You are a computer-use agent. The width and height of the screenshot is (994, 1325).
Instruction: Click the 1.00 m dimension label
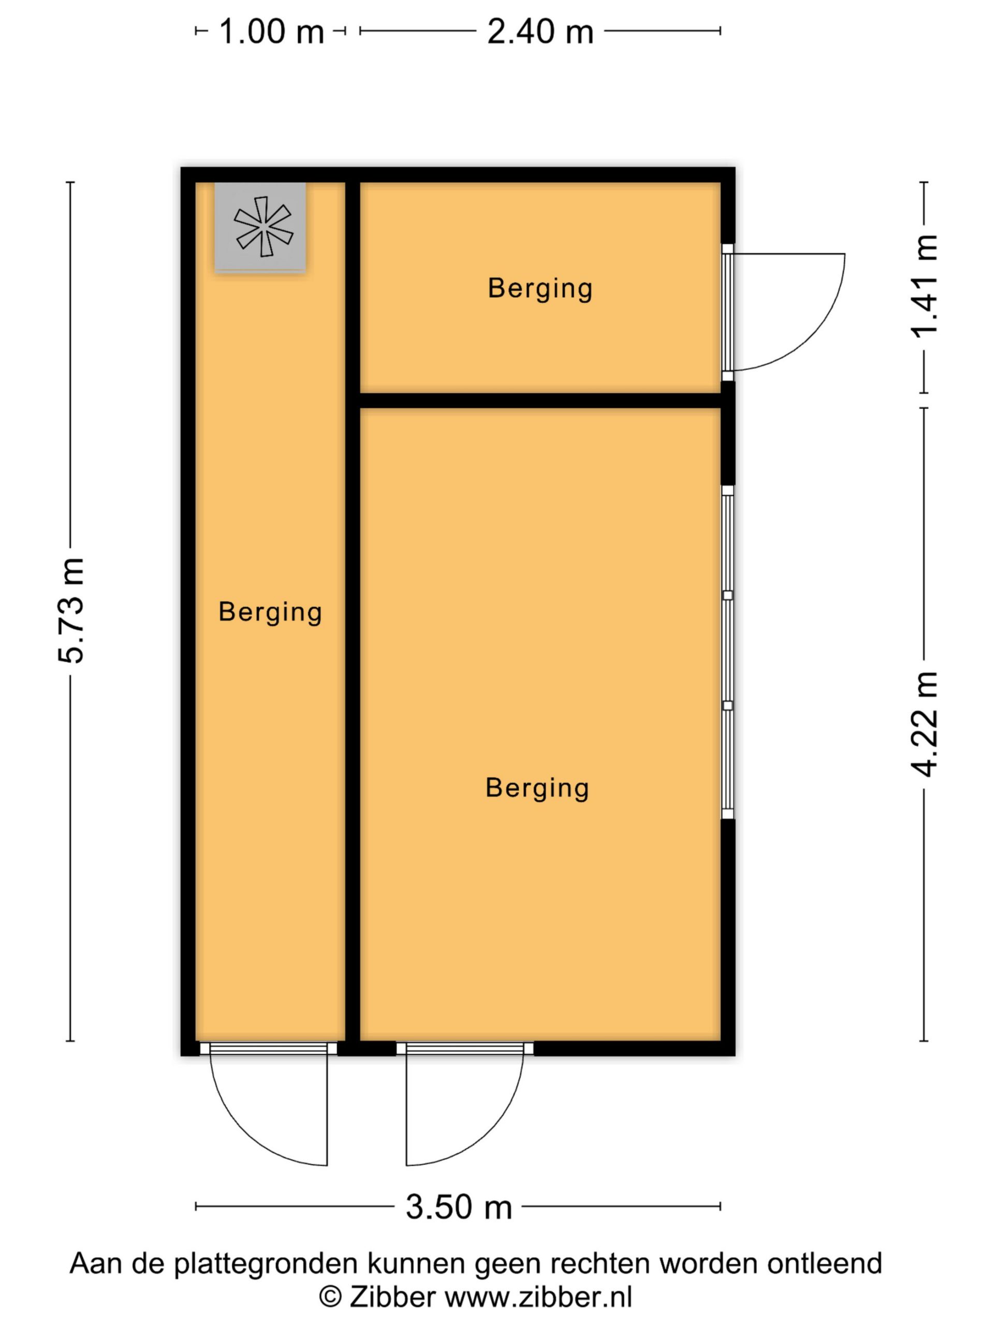(271, 32)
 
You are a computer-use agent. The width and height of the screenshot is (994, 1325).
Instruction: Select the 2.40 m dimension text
(540, 32)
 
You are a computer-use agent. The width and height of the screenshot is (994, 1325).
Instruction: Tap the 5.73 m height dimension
(71, 610)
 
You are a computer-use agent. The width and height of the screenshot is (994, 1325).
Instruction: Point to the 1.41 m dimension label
(925, 286)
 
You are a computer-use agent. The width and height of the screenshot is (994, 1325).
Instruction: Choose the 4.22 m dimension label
(925, 725)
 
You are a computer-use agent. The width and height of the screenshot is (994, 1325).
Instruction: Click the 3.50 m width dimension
(459, 1207)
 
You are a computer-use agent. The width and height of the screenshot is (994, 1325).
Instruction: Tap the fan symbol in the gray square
(263, 226)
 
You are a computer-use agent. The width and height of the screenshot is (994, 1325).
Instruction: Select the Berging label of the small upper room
(540, 289)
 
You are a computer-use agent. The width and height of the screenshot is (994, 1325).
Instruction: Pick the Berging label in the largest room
(537, 788)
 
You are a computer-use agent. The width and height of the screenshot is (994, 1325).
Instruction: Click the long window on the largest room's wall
(727, 652)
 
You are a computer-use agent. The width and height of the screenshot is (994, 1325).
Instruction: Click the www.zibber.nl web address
(538, 1298)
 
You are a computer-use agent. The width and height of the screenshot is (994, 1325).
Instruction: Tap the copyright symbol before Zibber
(330, 1298)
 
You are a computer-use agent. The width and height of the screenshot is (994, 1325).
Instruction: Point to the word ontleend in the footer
(824, 1263)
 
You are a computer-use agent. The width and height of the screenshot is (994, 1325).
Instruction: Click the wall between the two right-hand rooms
(540, 401)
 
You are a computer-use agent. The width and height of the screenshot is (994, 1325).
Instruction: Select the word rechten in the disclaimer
(601, 1263)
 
